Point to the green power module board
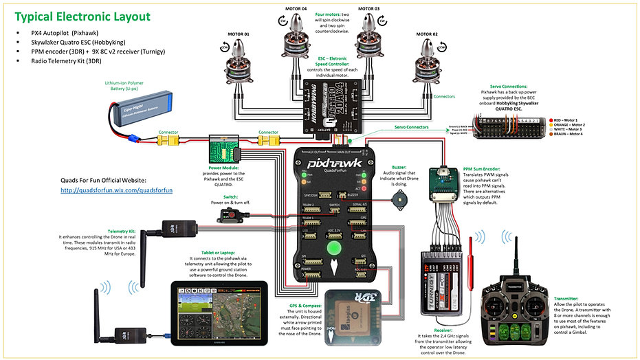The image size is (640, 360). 223,149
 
